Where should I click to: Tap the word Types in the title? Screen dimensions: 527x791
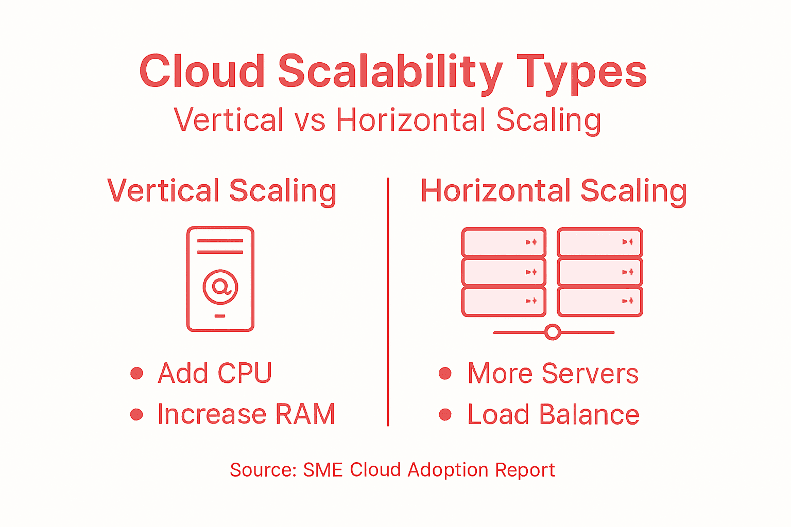tap(581, 72)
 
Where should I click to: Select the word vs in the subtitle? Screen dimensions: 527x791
tap(309, 120)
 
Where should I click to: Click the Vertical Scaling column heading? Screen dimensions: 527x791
tap(222, 191)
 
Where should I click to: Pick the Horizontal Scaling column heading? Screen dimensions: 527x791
tap(554, 191)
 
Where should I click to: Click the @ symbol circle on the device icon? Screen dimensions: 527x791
tap(220, 287)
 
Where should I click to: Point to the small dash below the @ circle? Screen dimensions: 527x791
tap(220, 315)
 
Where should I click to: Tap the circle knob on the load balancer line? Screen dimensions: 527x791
tap(553, 332)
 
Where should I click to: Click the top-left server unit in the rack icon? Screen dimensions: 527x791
tap(504, 242)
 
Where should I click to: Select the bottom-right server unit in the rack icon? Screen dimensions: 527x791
tap(600, 301)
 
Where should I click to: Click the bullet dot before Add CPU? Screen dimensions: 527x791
tap(136, 373)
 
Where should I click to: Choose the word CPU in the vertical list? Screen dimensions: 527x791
tap(245, 373)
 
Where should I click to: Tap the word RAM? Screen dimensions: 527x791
tap(305, 414)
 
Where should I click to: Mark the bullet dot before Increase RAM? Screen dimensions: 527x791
tap(136, 414)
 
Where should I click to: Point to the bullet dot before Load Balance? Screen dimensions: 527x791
tap(445, 414)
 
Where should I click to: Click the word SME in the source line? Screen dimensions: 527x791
tap(323, 470)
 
